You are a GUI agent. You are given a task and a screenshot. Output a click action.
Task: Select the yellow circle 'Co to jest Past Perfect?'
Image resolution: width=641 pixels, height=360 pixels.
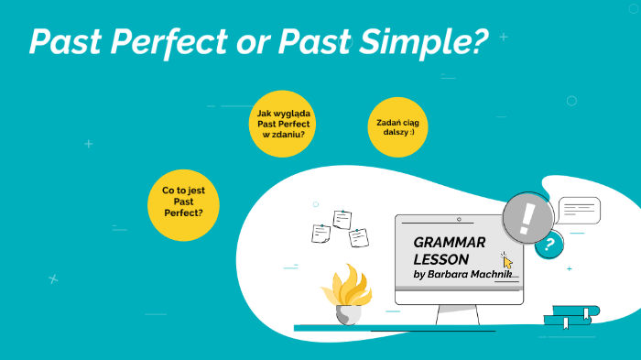click(183, 202)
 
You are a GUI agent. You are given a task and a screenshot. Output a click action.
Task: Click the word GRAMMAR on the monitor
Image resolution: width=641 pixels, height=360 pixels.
click(450, 243)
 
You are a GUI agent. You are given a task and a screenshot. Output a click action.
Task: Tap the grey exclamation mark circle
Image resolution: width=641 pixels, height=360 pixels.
click(527, 219)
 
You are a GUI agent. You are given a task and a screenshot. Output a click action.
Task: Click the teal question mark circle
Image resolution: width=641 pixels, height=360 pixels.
click(549, 244)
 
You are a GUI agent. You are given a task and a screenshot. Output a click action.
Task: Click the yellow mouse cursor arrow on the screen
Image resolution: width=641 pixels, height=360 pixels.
click(507, 261)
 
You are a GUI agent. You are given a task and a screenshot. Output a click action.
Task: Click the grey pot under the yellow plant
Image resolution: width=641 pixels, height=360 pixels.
click(348, 314)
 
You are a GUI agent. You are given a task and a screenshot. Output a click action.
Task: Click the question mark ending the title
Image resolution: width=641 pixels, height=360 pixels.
click(478, 42)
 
